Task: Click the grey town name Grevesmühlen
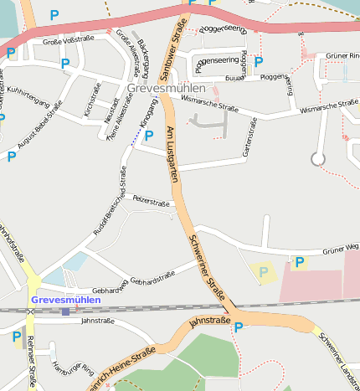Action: (x=170, y=87)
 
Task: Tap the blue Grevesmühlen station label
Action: (x=65, y=299)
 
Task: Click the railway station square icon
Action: (x=65, y=311)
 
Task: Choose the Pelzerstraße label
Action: (x=152, y=202)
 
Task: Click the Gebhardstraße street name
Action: (x=152, y=275)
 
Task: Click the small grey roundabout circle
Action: (x=317, y=158)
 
